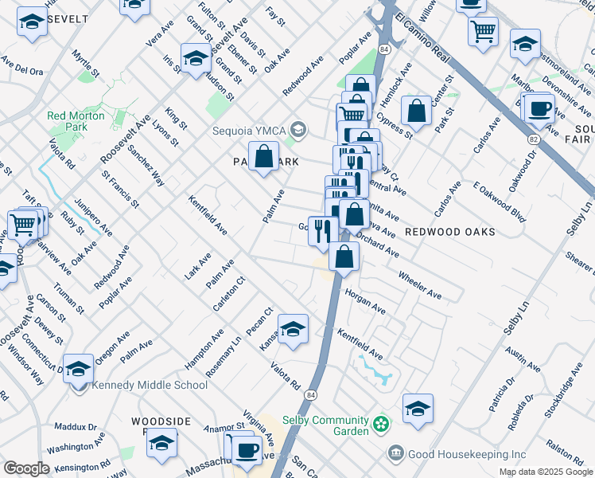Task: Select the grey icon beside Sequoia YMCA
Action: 298,129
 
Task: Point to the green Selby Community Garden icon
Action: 383,421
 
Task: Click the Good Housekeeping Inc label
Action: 457,454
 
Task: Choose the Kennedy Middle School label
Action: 150,386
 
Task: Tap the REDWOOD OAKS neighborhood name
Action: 449,232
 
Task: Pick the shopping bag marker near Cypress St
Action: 416,112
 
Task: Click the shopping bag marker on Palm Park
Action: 263,157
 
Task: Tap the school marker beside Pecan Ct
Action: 293,329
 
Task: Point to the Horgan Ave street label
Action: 364,302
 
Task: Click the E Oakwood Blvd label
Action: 500,203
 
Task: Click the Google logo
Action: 26,468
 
